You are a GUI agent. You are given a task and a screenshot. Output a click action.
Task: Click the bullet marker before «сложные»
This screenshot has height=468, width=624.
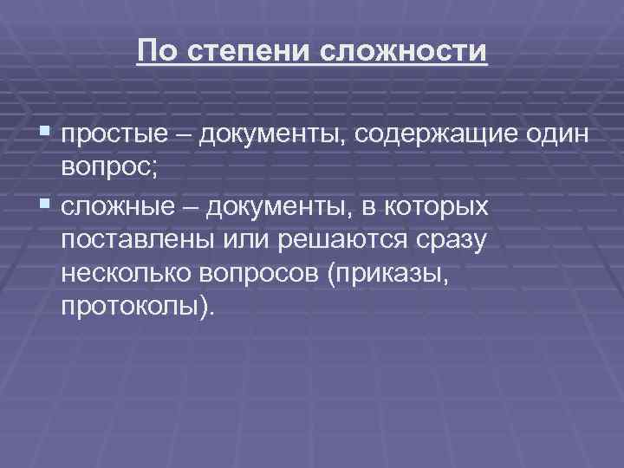click(47, 205)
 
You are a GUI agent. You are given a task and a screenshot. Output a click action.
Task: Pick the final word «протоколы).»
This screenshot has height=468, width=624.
click(136, 309)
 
